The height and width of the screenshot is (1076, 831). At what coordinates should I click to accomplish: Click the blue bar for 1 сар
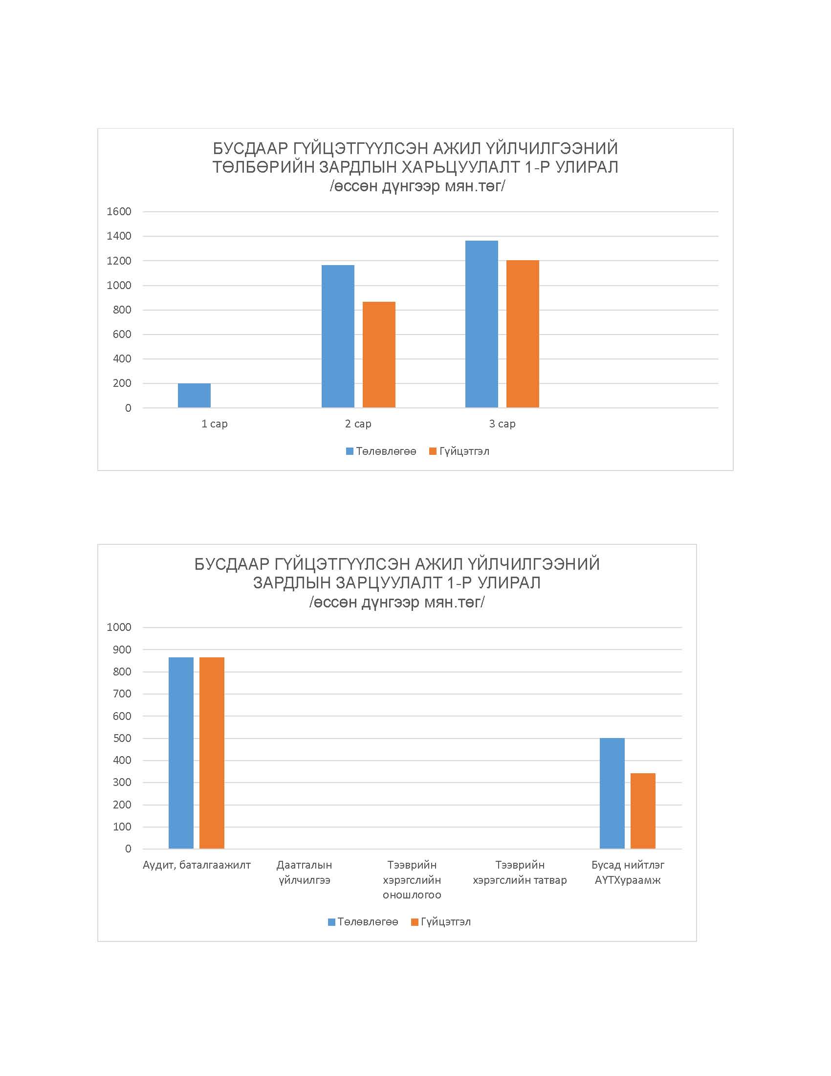pos(194,395)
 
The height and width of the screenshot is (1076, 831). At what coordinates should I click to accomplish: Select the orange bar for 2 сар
pos(379,355)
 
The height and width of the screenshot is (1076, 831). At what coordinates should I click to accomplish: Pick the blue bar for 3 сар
pos(481,324)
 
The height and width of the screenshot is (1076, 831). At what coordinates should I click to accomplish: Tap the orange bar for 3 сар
pos(523,334)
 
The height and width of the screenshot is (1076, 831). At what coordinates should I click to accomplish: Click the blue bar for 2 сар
pos(338,336)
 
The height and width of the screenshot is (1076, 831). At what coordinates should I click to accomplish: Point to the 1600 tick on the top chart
pos(119,212)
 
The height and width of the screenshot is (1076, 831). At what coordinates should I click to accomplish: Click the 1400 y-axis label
pos(119,237)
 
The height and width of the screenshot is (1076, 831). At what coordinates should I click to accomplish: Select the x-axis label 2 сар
pos(358,424)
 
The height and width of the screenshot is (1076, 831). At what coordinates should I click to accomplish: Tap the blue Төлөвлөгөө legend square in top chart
pos(350,451)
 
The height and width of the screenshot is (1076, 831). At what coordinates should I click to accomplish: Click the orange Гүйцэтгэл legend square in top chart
pos(433,451)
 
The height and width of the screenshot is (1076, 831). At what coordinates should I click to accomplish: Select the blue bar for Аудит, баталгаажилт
pos(181,753)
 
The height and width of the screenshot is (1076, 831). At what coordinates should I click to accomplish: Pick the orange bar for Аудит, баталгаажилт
pos(212,753)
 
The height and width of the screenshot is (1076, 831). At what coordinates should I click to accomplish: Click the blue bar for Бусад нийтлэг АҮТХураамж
pos(612,793)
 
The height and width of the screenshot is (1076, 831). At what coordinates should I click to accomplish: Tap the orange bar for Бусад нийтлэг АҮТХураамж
pos(643,811)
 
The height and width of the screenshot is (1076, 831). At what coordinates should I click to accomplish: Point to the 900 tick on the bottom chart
pos(122,650)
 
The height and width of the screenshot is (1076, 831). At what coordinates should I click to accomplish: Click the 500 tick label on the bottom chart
pos(122,738)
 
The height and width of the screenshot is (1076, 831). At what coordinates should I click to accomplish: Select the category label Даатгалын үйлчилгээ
pos(304,873)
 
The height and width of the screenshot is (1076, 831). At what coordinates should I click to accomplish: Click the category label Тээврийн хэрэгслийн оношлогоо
pos(412,880)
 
